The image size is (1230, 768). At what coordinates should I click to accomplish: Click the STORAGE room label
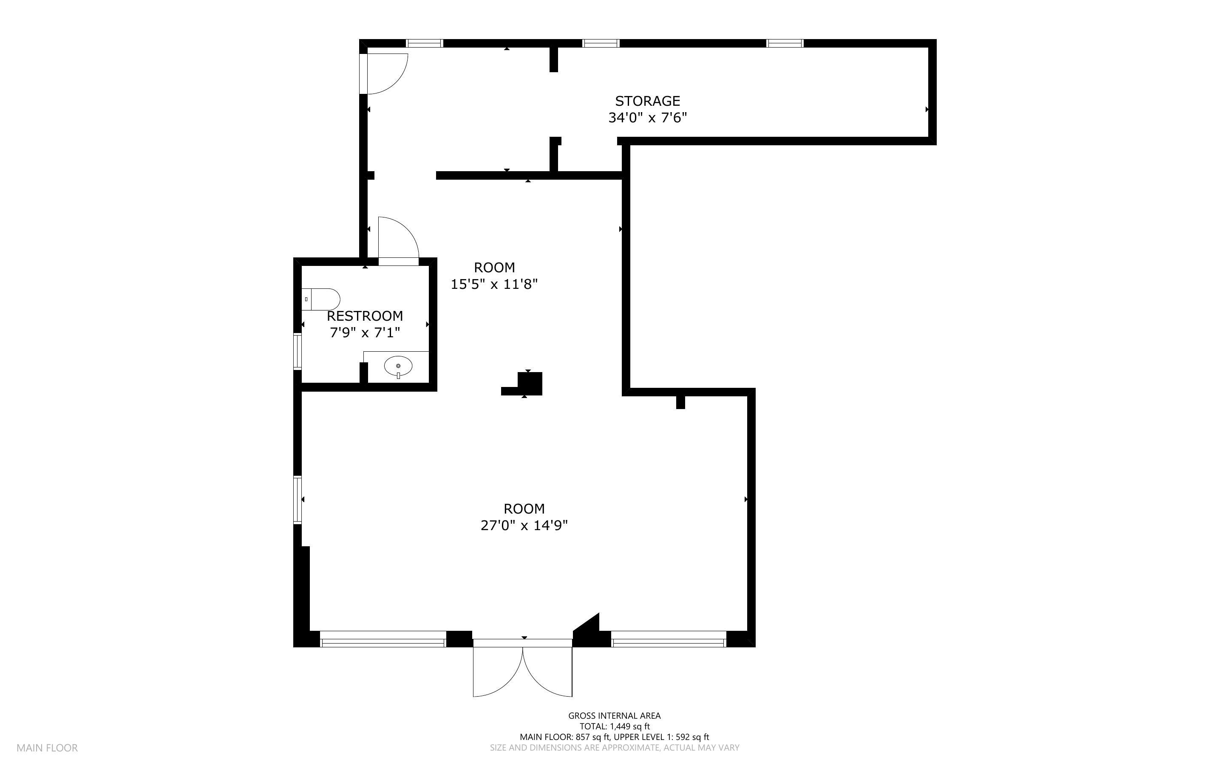(x=647, y=101)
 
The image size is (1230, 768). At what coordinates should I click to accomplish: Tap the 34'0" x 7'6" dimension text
(x=647, y=118)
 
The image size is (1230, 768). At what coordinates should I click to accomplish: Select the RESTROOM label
(x=365, y=316)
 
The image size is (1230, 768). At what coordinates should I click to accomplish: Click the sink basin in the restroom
(x=398, y=366)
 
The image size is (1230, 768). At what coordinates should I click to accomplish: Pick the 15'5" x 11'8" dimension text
(x=494, y=284)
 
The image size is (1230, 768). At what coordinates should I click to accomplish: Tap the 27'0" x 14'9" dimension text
(x=524, y=525)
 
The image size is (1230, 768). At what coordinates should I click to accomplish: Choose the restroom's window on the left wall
(x=298, y=350)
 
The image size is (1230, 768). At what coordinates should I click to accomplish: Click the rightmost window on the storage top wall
(x=785, y=43)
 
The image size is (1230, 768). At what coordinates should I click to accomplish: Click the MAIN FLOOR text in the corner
(x=47, y=748)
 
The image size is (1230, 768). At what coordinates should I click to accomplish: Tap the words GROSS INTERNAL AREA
(x=614, y=716)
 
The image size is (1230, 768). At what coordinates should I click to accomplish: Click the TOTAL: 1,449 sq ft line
(x=614, y=726)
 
